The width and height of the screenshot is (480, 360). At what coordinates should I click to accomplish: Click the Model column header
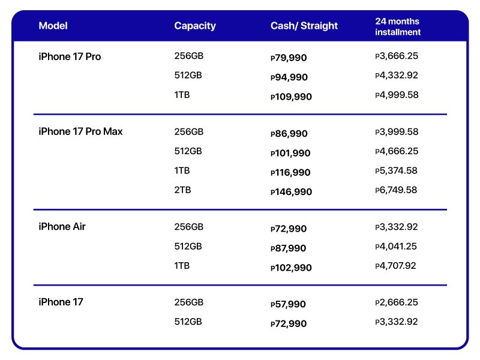click(53, 26)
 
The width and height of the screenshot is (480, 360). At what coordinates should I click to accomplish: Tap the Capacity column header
click(195, 26)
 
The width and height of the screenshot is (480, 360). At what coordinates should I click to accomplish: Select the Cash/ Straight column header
click(304, 26)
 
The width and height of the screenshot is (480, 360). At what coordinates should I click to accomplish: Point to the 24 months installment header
click(398, 26)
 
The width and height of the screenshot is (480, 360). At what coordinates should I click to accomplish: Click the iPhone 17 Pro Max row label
click(80, 131)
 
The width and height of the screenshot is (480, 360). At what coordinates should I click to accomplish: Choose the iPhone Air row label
click(62, 227)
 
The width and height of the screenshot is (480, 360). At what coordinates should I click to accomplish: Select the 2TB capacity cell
click(182, 190)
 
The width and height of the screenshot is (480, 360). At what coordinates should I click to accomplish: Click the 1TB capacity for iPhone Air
click(182, 265)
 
